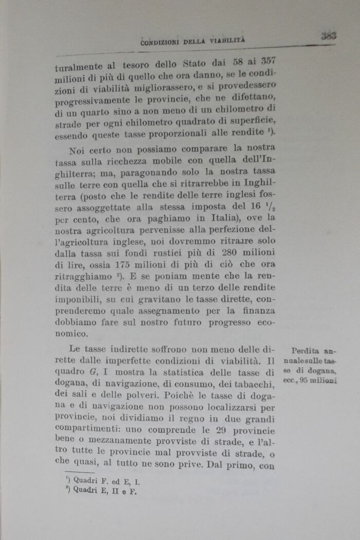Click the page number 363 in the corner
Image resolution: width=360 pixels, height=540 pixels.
pos(328,35)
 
